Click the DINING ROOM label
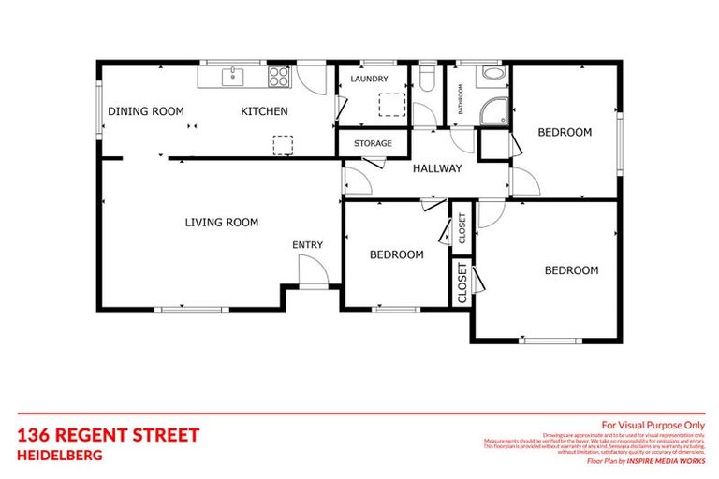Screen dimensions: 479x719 (x=146, y=111)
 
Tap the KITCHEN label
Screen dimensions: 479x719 (x=264, y=111)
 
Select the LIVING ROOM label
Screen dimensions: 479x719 (x=221, y=223)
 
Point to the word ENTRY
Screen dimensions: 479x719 (x=307, y=245)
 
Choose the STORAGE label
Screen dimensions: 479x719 (x=373, y=143)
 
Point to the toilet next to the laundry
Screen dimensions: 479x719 (x=428, y=79)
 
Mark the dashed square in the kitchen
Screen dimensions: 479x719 (x=282, y=144)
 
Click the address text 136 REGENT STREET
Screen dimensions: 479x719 (x=108, y=435)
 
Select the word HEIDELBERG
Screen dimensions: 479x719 (x=60, y=456)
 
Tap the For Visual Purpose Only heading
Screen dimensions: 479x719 (x=653, y=424)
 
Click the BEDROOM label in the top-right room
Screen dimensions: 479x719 (x=565, y=133)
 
